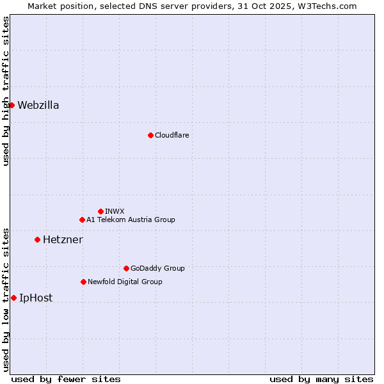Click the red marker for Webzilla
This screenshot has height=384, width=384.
pyautogui.click(x=12, y=105)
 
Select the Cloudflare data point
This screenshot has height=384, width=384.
pyautogui.click(x=150, y=135)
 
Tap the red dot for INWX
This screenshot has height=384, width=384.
pyautogui.click(x=100, y=211)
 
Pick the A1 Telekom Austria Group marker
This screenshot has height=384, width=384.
pyautogui.click(x=82, y=220)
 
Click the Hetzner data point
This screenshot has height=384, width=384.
pyautogui.click(x=37, y=239)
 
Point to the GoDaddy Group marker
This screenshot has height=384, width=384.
pyautogui.click(x=126, y=268)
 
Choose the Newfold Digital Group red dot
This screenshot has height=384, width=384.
pyautogui.click(x=83, y=282)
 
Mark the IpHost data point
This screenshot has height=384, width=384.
pyautogui.click(x=13, y=298)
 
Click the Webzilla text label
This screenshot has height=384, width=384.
pyautogui.click(x=38, y=106)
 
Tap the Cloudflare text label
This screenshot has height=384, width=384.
pyautogui.click(x=172, y=135)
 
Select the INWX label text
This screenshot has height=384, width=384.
pyautogui.click(x=115, y=211)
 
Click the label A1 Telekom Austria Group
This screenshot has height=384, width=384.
pyautogui.click(x=131, y=220)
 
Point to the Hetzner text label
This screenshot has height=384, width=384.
pyautogui.click(x=63, y=240)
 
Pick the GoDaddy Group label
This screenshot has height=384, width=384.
pyautogui.click(x=157, y=268)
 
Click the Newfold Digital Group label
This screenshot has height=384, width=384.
pyautogui.click(x=125, y=282)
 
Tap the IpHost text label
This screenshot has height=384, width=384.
pyautogui.click(x=36, y=298)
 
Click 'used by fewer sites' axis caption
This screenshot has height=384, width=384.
pyautogui.click(x=66, y=379)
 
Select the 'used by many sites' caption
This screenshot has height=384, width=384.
pyautogui.click(x=321, y=379)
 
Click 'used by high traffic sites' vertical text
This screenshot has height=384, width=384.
pyautogui.click(x=6, y=91)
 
